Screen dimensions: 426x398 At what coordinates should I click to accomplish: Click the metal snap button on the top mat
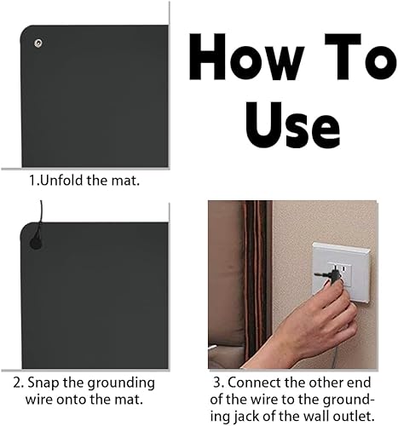[37, 43]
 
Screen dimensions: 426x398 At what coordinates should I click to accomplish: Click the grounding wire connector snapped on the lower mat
[35, 243]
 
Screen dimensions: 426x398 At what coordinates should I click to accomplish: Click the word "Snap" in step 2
[56, 383]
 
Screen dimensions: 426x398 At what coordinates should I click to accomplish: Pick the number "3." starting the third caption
[218, 383]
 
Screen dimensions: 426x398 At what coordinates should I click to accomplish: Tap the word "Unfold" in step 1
[63, 181]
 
